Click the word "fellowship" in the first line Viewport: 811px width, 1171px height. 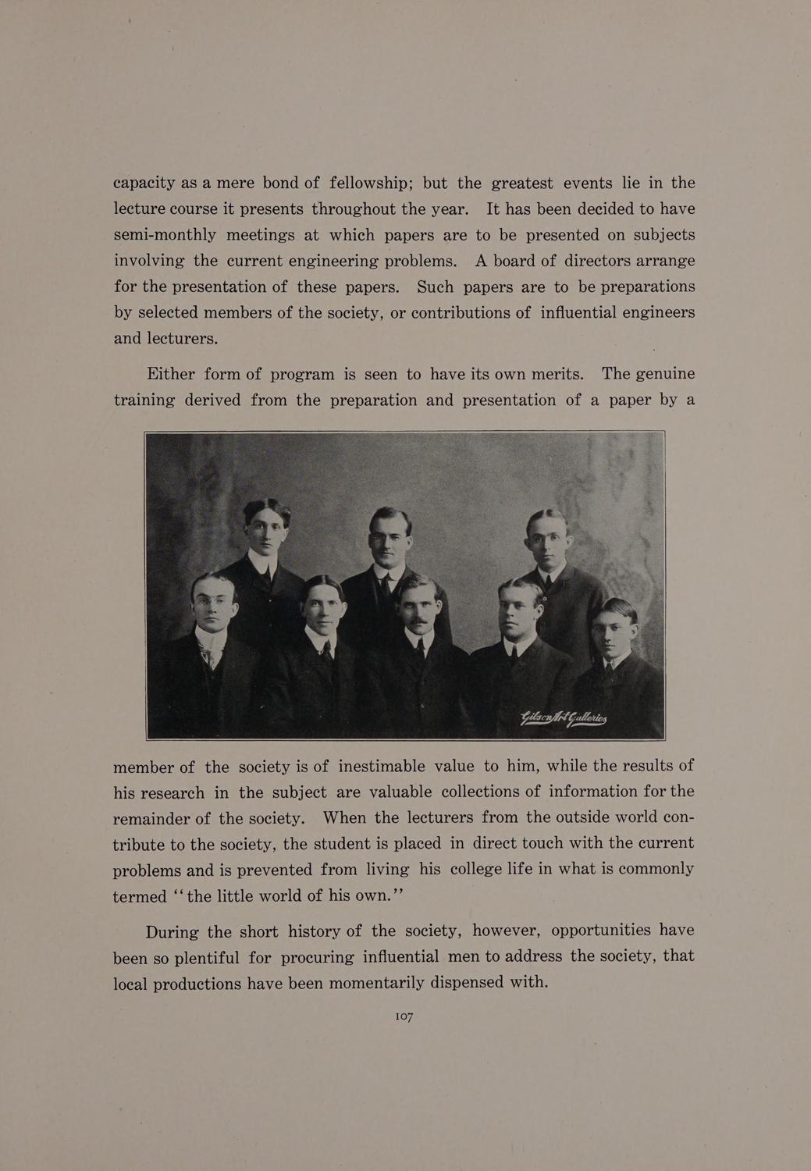(x=370, y=183)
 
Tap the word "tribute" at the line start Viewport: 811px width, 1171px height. (x=141, y=844)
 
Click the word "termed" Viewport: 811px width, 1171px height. (x=140, y=896)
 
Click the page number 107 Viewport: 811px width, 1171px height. (x=404, y=1016)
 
